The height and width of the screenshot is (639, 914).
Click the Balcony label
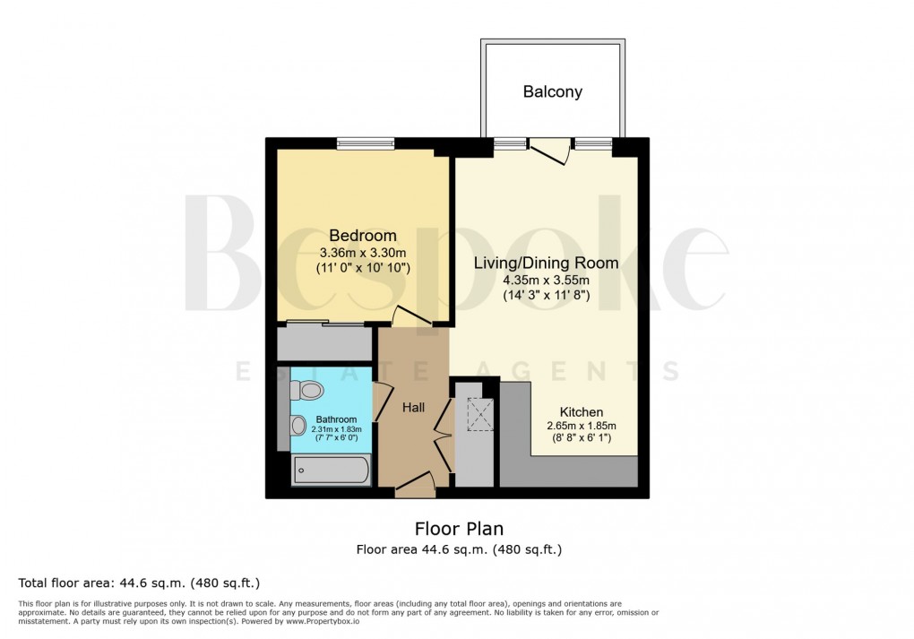[553, 91]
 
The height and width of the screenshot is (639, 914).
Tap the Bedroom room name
[362, 236]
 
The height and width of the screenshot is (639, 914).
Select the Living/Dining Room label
[546, 263]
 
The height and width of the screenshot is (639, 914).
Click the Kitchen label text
[582, 411]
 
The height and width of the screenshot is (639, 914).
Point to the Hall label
[413, 407]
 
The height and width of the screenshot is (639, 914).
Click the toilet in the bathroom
[306, 390]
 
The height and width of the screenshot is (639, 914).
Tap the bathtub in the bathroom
[330, 471]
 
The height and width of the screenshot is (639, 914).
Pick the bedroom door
[409, 316]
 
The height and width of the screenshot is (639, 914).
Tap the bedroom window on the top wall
[366, 142]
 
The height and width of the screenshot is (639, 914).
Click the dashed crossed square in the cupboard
[479, 414]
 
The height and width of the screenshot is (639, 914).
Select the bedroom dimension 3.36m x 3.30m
[362, 252]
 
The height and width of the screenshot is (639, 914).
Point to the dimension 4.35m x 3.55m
[546, 280]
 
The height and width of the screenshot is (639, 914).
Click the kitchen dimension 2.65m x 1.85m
[582, 426]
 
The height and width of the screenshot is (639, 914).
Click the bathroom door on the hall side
[382, 401]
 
